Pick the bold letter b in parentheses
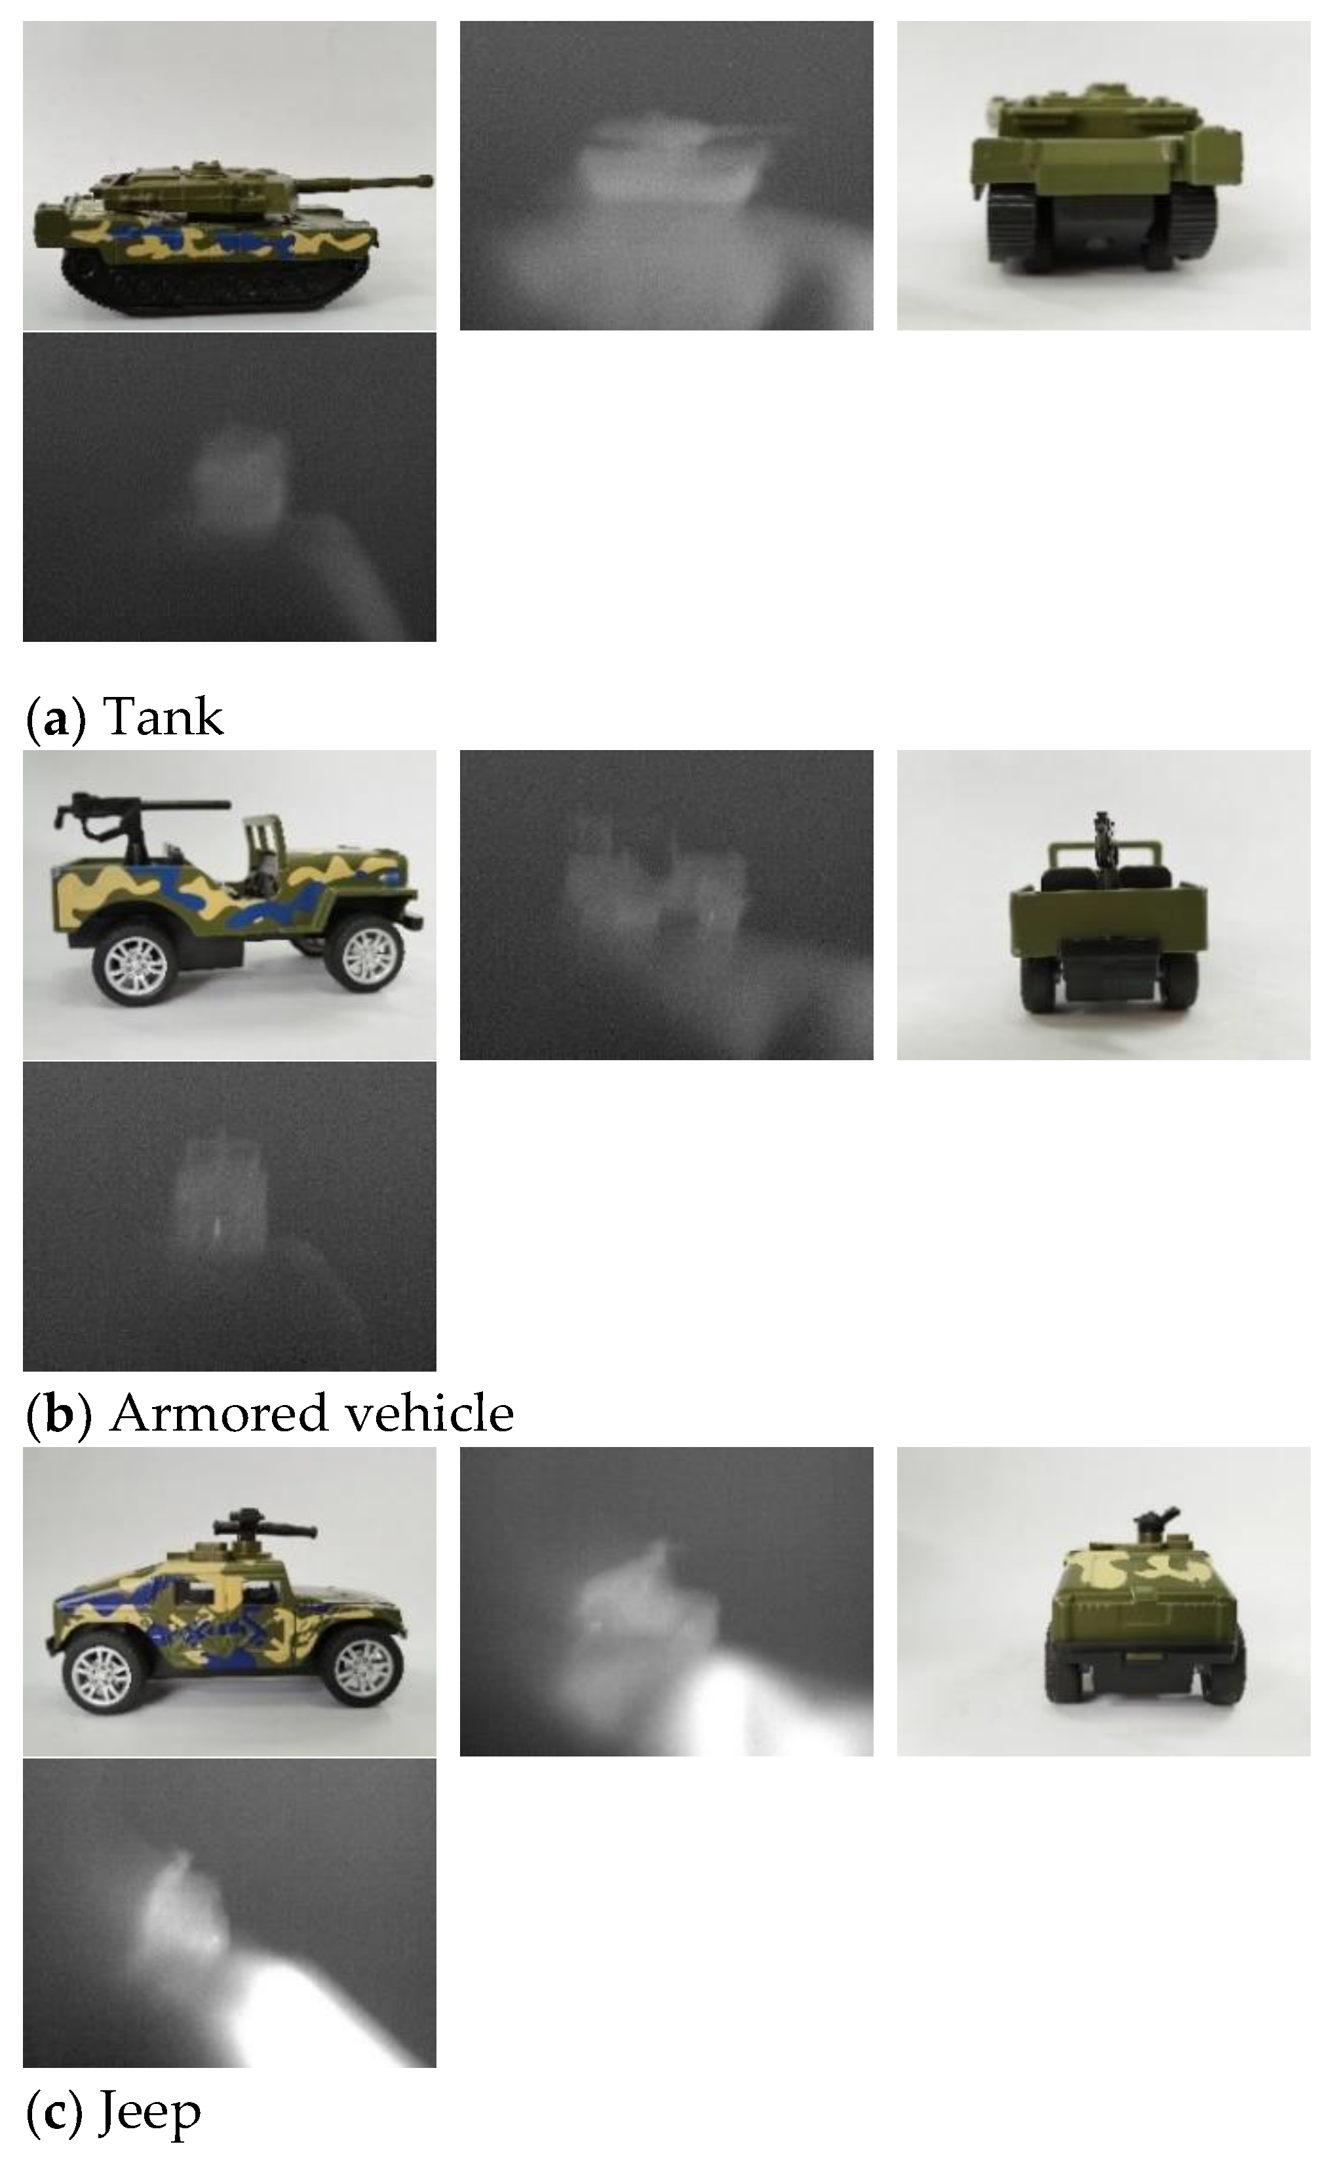tap(58, 1412)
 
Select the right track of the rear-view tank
tap(1193, 224)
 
